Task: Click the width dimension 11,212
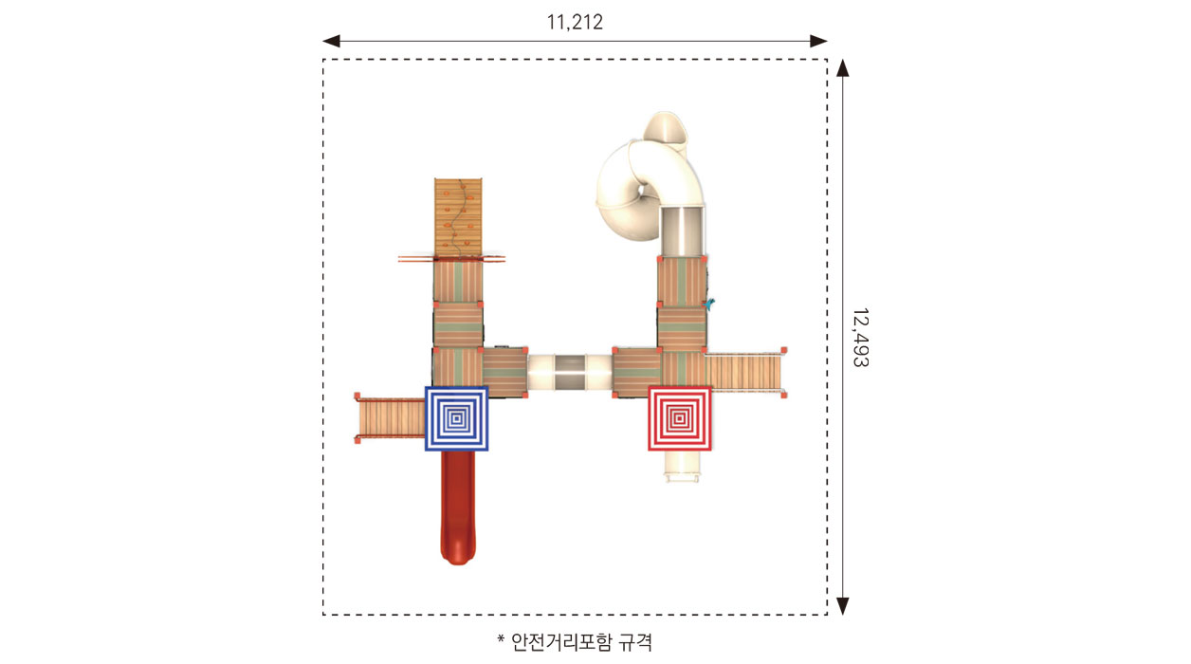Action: [575, 23]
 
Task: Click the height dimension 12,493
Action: [861, 338]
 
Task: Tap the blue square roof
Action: [456, 418]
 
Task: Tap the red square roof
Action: [680, 418]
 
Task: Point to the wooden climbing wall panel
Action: [458, 217]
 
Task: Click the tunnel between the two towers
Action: [570, 373]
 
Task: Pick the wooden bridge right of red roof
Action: [745, 373]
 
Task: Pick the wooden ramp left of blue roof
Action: [391, 418]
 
